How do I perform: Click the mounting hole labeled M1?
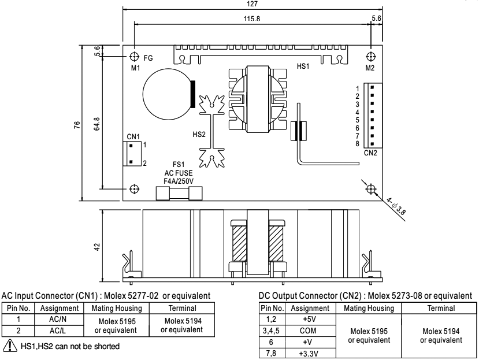[x=134, y=57]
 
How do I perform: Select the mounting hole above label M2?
[x=371, y=57]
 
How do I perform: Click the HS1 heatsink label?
[x=303, y=67]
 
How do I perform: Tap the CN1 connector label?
[x=133, y=137]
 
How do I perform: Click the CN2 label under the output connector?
[x=371, y=153]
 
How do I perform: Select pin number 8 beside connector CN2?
[x=358, y=143]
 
